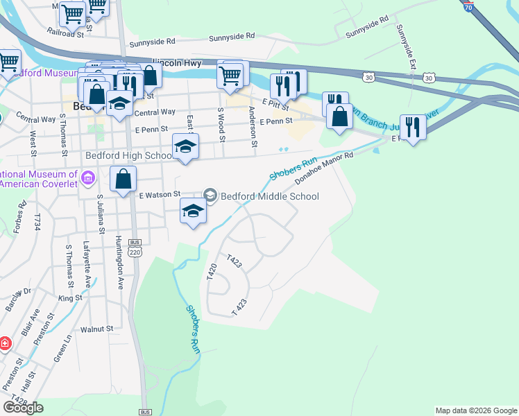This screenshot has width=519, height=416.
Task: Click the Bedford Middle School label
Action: click(x=269, y=196)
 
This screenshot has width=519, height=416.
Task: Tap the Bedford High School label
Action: click(x=128, y=155)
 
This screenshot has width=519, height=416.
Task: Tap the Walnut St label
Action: click(x=96, y=329)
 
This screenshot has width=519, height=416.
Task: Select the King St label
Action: click(x=70, y=298)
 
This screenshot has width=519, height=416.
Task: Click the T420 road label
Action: click(x=212, y=272)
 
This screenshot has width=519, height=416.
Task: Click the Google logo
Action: click(x=23, y=408)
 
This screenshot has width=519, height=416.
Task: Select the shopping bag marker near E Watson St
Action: click(x=123, y=179)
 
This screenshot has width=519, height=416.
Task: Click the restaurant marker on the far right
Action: click(x=413, y=126)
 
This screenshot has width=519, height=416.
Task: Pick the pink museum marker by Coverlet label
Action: click(x=87, y=179)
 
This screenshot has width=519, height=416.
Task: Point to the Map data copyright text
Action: click(x=476, y=410)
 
